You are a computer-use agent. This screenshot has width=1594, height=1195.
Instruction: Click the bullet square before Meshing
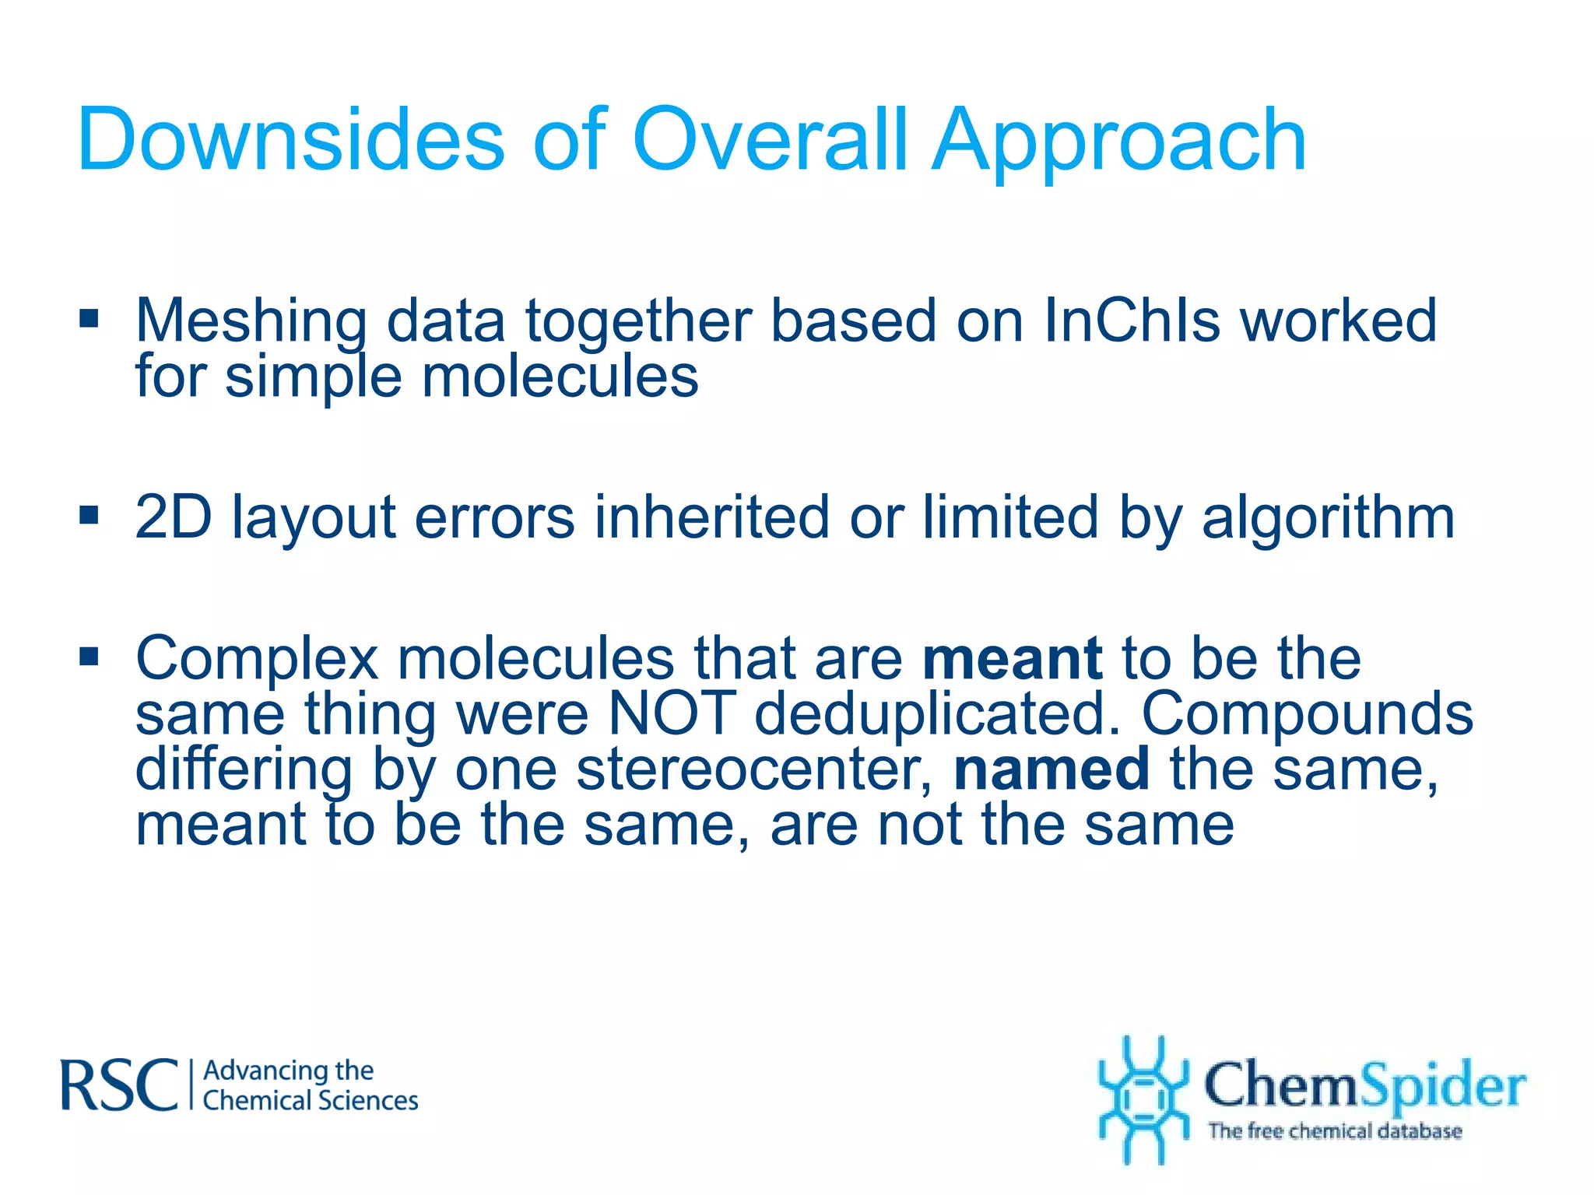(89, 319)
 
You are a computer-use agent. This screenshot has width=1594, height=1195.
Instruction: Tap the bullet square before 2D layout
(89, 515)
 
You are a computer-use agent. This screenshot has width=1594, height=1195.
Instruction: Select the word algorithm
(1328, 520)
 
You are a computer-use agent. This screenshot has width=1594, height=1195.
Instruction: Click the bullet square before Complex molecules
(89, 657)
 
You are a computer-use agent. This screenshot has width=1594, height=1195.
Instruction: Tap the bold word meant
(1012, 659)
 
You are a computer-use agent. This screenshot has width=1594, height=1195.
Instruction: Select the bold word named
(1052, 769)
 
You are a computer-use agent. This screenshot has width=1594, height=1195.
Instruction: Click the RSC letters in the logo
(120, 1085)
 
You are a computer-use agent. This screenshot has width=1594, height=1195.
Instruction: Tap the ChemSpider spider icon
(1143, 1099)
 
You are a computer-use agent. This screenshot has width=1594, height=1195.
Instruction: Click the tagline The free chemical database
(1334, 1131)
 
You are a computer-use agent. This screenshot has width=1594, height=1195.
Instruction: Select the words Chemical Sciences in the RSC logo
(310, 1101)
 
